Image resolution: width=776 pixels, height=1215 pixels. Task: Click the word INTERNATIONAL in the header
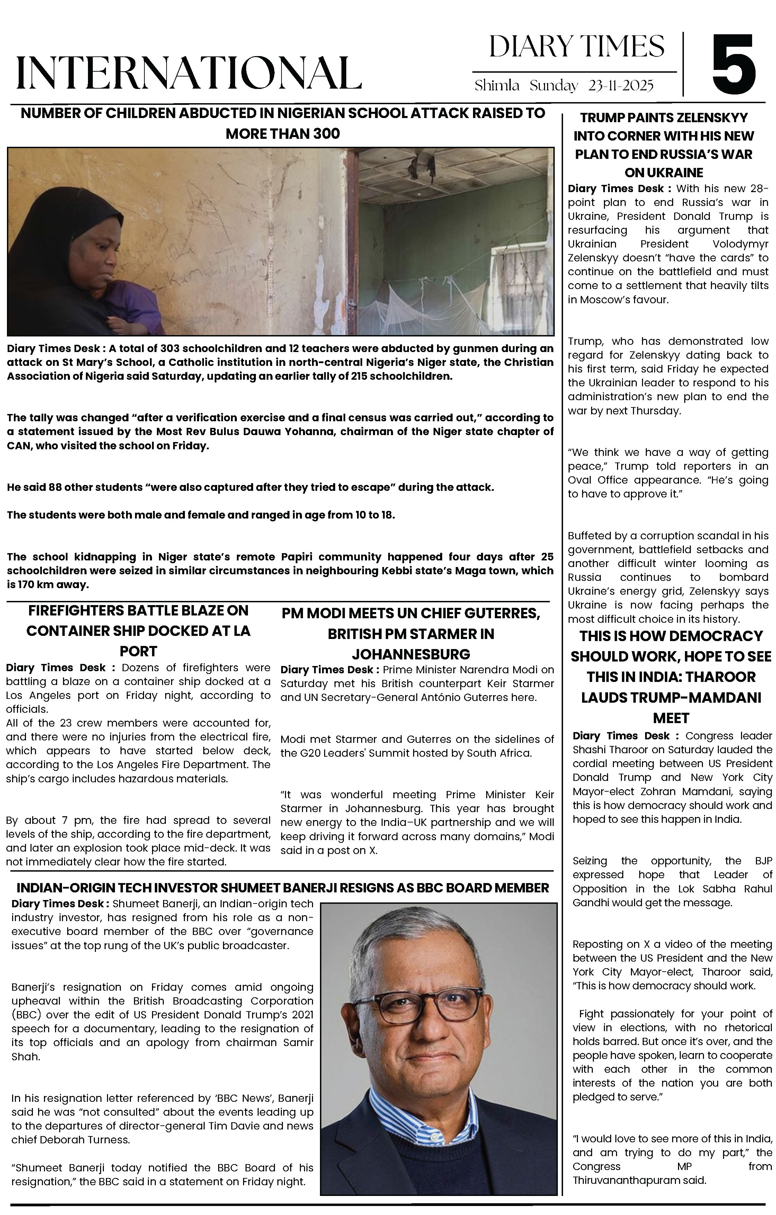pyautogui.click(x=189, y=73)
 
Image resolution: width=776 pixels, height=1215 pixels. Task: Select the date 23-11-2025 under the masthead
pyautogui.click(x=621, y=86)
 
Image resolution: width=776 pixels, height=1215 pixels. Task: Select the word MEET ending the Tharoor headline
pyautogui.click(x=671, y=718)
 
